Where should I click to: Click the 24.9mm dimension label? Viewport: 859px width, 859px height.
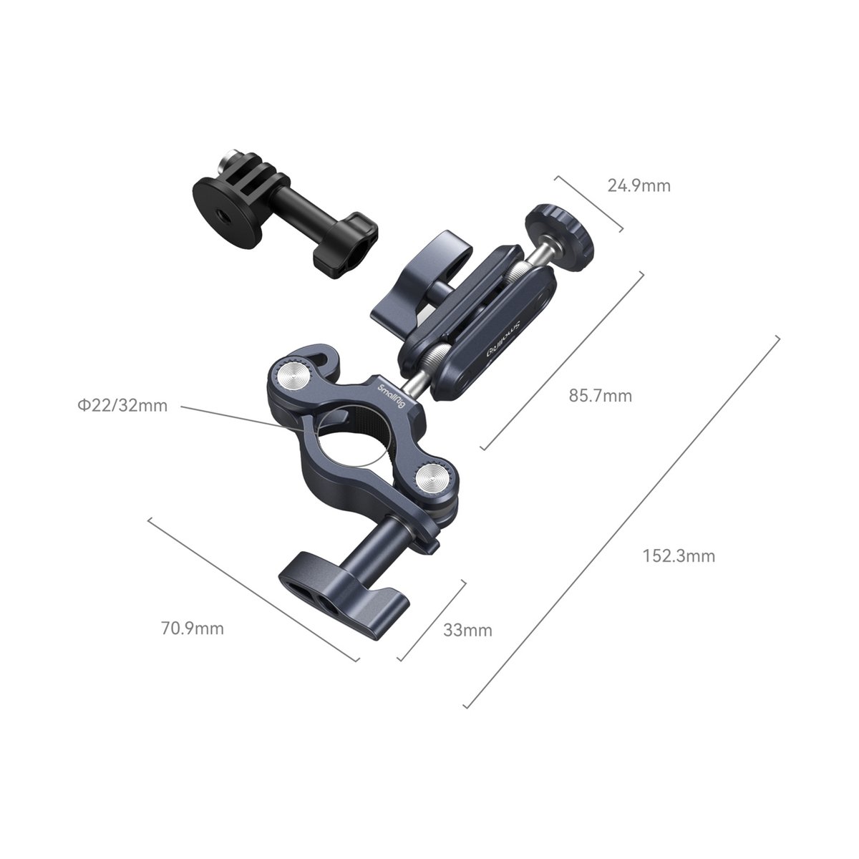pyautogui.click(x=639, y=186)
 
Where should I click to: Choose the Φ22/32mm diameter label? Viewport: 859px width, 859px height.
pyautogui.click(x=122, y=406)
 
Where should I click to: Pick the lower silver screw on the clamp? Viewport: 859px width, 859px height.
pyautogui.click(x=432, y=475)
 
